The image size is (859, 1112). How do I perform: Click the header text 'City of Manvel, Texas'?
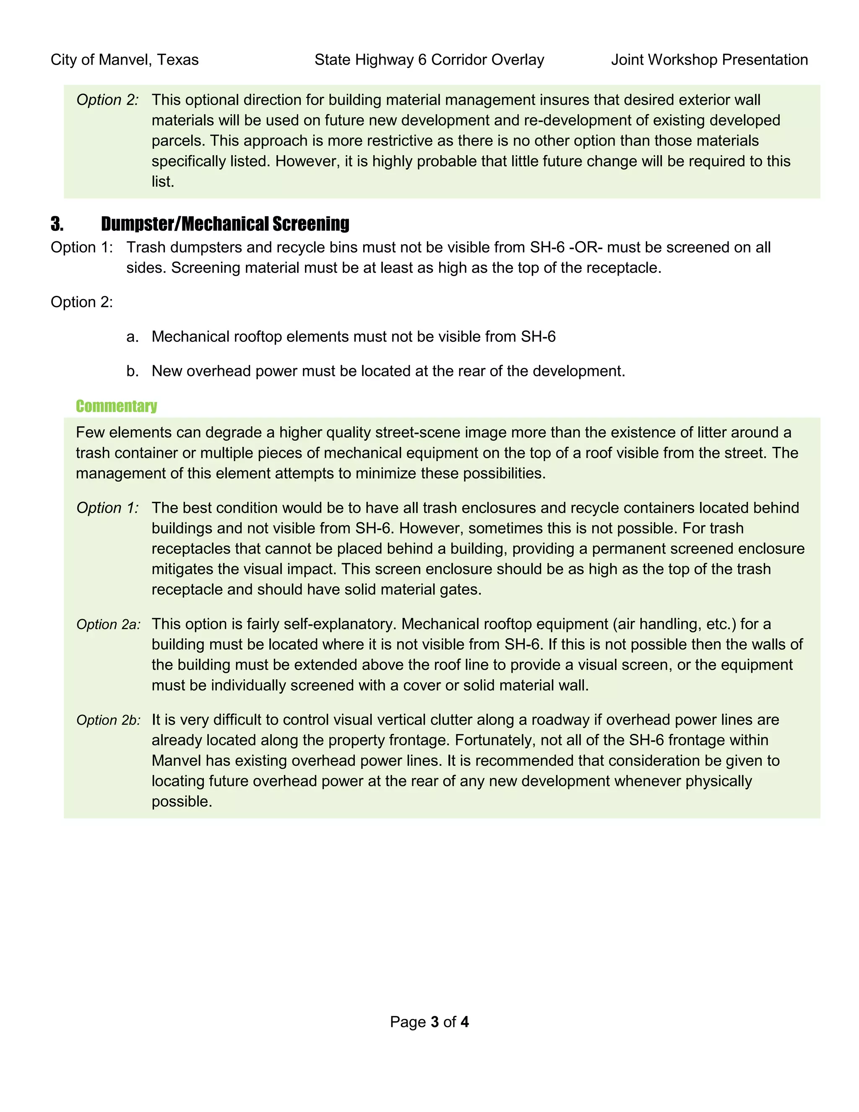(x=124, y=60)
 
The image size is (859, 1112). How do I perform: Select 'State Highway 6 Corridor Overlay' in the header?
(x=429, y=60)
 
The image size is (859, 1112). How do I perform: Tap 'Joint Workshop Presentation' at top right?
(x=709, y=60)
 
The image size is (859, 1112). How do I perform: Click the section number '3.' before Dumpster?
(x=57, y=224)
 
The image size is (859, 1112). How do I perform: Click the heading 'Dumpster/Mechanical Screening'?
(x=225, y=224)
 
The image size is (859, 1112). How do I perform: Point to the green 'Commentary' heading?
(x=116, y=406)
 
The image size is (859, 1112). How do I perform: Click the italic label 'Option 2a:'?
(x=108, y=625)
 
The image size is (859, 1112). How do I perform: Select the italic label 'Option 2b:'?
(x=108, y=720)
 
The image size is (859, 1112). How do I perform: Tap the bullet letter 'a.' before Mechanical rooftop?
(x=132, y=337)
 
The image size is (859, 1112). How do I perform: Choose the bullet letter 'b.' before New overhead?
(x=132, y=371)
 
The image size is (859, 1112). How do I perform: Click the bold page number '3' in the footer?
(x=435, y=1022)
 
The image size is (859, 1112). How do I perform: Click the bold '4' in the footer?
(x=464, y=1022)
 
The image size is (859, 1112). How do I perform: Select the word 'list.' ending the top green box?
(x=163, y=182)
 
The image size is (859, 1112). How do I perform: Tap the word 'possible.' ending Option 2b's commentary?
(x=182, y=801)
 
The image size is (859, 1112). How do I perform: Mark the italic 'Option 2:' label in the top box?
(x=107, y=100)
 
